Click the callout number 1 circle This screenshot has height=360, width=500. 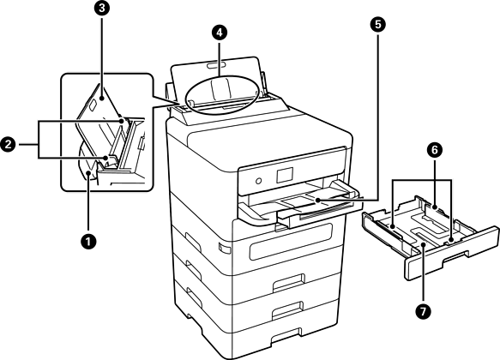88,242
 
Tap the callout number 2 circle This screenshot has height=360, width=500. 8,145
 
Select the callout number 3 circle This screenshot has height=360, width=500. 102,9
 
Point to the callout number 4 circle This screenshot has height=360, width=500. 220,32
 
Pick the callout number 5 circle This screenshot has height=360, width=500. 378,25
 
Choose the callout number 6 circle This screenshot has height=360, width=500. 435,150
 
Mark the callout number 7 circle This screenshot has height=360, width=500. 423,311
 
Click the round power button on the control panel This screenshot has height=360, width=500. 259,181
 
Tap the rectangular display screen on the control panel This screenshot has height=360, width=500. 285,175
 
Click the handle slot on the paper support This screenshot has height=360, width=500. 216,65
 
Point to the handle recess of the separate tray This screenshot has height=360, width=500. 455,255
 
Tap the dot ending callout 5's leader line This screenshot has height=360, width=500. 317,200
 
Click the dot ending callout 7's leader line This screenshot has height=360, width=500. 423,244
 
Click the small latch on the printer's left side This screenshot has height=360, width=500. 224,248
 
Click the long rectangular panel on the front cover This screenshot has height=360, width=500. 291,241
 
